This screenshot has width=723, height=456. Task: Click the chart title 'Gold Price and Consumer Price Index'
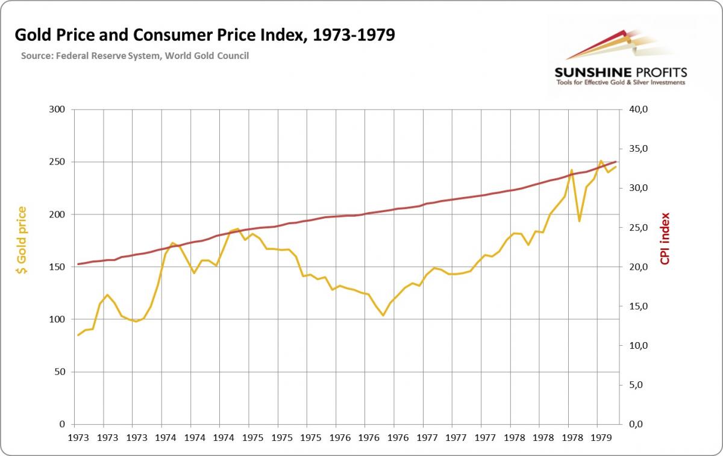coord(204,35)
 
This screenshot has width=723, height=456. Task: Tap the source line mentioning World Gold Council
coord(134,56)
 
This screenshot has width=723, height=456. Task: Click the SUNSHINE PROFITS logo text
coord(620,72)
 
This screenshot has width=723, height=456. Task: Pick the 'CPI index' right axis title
coord(665,239)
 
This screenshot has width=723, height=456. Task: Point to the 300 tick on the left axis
coord(58,110)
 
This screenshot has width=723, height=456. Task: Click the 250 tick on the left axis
coord(58,162)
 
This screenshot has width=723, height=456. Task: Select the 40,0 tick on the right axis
coord(638,110)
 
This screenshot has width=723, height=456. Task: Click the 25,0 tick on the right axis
coord(638,228)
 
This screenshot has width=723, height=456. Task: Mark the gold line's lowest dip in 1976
coord(383,315)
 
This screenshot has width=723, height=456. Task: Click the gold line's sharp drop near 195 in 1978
coord(579,221)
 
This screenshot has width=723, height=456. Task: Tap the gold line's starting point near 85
coord(78,335)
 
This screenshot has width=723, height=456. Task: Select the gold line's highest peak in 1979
coord(601,161)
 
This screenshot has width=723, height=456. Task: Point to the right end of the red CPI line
coord(616,161)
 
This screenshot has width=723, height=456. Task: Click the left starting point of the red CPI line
coord(78,264)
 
